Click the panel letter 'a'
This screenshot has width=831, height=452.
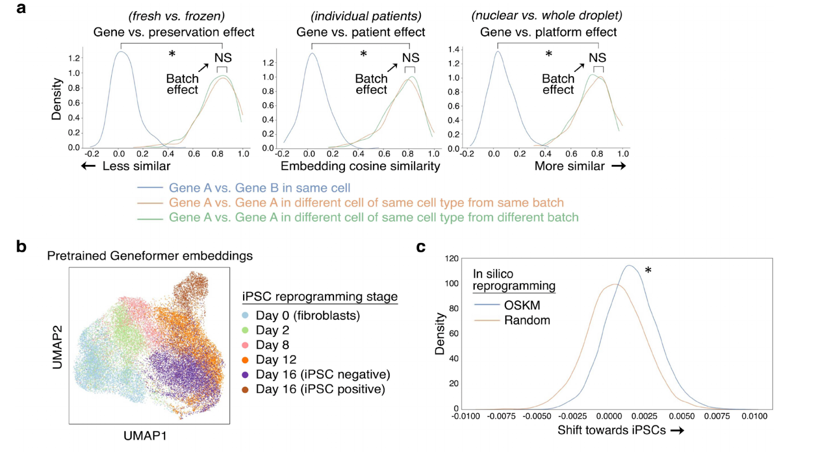(x=21, y=8)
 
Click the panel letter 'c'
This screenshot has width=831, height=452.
(x=421, y=248)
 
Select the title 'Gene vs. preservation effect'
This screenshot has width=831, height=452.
(x=173, y=32)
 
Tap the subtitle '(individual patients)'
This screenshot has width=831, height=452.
(x=366, y=16)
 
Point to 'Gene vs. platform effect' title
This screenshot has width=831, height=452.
(x=548, y=32)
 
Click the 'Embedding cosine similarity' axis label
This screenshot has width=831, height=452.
(x=360, y=166)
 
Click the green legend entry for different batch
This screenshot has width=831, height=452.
(x=373, y=217)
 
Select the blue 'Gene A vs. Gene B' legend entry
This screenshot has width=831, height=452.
(x=259, y=188)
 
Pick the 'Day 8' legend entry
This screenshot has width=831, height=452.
(x=272, y=345)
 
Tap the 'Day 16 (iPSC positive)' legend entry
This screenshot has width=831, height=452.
(x=320, y=389)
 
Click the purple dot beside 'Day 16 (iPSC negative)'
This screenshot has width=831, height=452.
(x=245, y=375)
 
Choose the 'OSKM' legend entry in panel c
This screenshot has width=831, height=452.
(x=521, y=305)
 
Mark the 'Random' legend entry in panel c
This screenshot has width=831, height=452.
(x=527, y=320)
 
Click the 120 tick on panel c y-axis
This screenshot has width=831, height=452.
(x=452, y=258)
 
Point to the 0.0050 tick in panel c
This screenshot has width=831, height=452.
(x=681, y=416)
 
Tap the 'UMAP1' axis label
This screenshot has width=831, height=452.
(x=145, y=436)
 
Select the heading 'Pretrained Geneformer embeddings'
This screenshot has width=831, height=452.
(x=150, y=256)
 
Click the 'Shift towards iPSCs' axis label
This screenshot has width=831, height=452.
(x=611, y=430)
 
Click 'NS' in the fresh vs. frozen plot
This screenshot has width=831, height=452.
(x=223, y=58)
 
